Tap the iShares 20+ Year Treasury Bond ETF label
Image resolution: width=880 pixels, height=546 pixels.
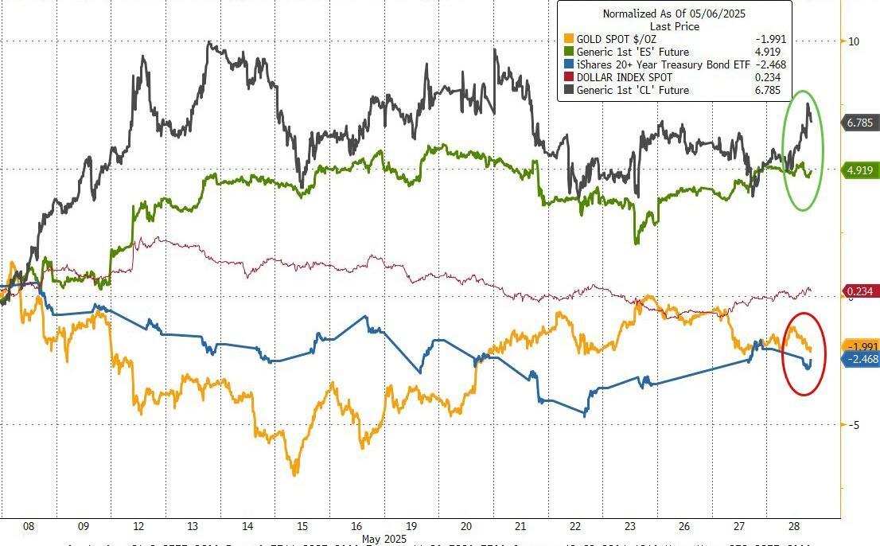[x=661, y=64]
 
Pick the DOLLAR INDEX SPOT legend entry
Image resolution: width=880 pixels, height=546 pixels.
[x=625, y=77]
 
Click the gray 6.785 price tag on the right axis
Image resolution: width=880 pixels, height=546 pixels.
[x=859, y=123]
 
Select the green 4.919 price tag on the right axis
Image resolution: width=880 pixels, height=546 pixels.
[x=859, y=170]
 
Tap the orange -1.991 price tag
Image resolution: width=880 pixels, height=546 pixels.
[x=859, y=346]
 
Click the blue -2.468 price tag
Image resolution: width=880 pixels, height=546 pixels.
[x=859, y=360]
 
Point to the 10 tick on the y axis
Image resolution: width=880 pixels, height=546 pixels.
[x=853, y=41]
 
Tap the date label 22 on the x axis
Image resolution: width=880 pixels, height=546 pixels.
[x=575, y=526]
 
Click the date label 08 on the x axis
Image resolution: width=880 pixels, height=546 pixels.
[x=29, y=526]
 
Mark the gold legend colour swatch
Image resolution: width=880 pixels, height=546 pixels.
[x=568, y=39]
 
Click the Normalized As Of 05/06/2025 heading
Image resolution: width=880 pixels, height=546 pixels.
[x=674, y=14]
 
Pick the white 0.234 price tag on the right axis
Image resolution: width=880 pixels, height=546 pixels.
[x=859, y=291]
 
